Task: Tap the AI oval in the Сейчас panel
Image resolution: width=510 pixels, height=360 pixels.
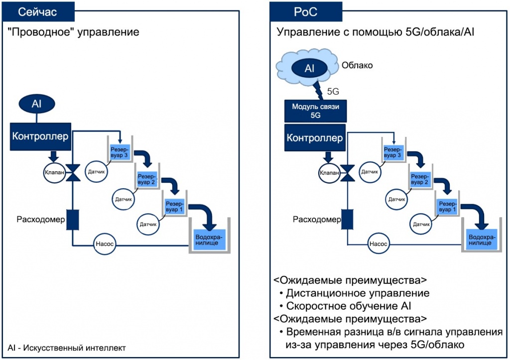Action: pyautogui.click(x=36, y=104)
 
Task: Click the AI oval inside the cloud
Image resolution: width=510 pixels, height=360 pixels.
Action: pyautogui.click(x=309, y=68)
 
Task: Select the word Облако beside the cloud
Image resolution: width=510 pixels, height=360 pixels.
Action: pyautogui.click(x=357, y=65)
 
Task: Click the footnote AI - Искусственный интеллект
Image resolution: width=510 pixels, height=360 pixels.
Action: pyautogui.click(x=67, y=348)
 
